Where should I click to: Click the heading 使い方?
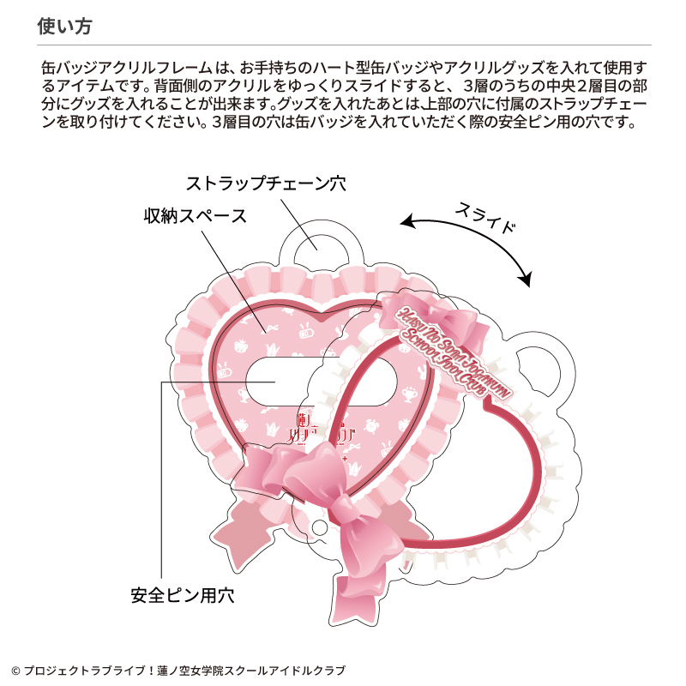coord(65,26)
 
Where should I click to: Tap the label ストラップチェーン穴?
coord(272,184)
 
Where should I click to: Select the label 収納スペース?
coord(195,216)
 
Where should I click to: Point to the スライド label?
coord(486,217)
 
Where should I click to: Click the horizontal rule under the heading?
coord(343,45)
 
